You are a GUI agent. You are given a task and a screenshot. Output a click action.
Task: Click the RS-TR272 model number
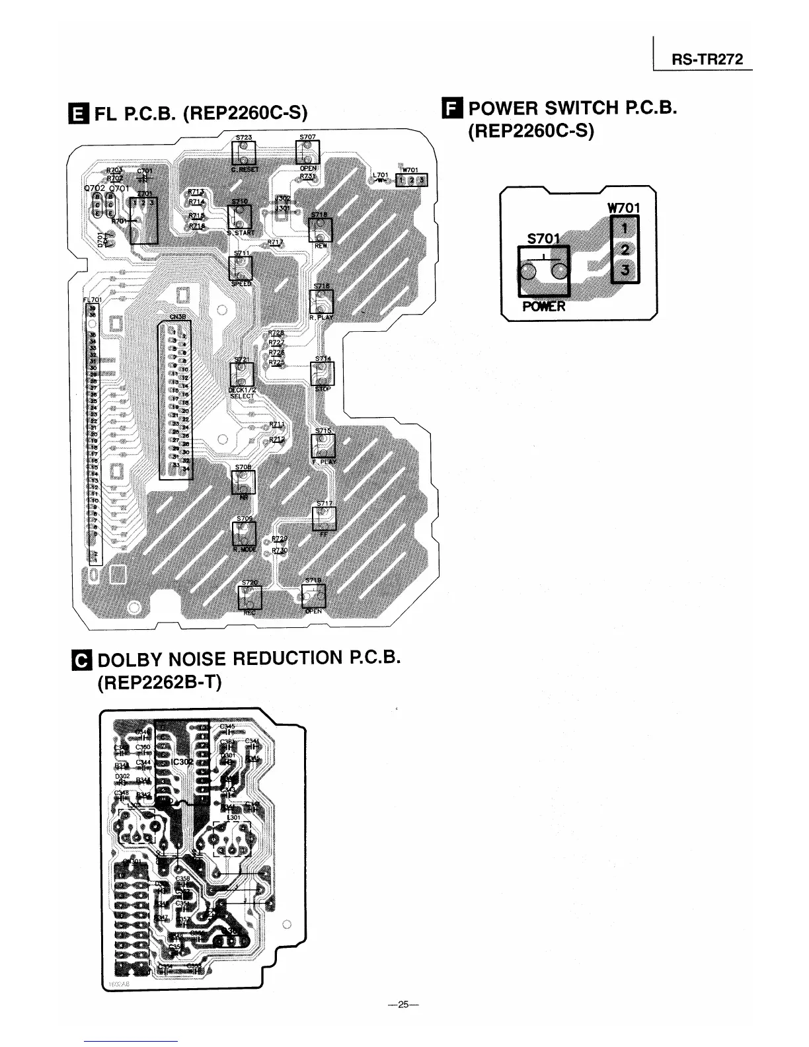click(707, 59)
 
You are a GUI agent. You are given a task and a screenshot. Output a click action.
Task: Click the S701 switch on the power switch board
click(543, 271)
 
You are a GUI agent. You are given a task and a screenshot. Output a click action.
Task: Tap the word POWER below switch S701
click(543, 307)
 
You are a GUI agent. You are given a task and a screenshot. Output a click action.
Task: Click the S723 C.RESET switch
click(243, 155)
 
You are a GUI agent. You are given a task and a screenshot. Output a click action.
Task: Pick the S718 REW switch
click(320, 231)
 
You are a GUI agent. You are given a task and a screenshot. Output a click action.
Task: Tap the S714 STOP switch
click(323, 374)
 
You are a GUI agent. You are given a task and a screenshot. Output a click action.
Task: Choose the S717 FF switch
click(324, 518)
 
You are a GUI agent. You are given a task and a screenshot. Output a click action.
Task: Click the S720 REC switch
click(249, 598)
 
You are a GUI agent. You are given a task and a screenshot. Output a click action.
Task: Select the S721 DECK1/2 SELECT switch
click(241, 375)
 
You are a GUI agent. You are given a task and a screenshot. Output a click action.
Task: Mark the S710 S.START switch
click(239, 217)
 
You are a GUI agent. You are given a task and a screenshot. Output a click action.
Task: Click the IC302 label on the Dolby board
click(182, 762)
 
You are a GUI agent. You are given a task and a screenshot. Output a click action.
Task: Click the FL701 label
click(90, 299)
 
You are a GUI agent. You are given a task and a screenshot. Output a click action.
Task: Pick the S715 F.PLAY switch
click(323, 445)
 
